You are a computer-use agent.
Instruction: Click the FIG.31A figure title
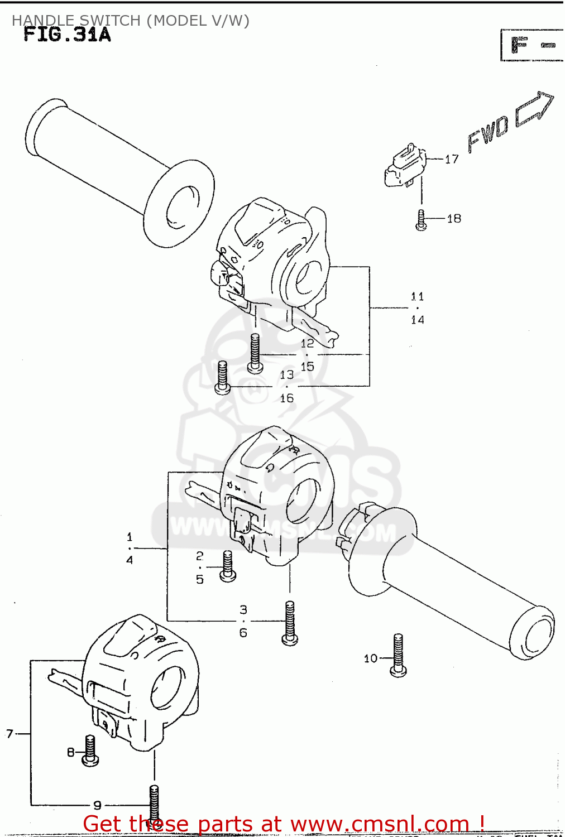point(67,35)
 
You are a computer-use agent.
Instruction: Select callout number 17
point(452,160)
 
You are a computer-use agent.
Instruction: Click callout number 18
point(454,219)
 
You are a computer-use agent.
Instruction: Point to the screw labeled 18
point(422,220)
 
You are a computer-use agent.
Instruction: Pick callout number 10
point(371,658)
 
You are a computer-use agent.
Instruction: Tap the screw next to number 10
point(398,655)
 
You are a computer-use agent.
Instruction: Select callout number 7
point(9,734)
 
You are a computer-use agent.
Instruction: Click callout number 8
point(71,752)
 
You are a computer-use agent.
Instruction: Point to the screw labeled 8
point(90,750)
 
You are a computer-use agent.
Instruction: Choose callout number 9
point(97,805)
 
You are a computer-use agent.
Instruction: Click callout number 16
point(286,398)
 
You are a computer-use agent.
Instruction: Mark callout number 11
point(417,297)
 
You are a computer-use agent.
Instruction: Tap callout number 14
point(417,320)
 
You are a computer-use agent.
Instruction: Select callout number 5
point(200,580)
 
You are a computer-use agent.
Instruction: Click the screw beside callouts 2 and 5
point(228,566)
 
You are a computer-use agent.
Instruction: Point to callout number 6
point(243,633)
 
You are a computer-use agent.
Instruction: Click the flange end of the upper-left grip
point(179,203)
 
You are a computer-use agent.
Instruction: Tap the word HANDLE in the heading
point(43,21)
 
